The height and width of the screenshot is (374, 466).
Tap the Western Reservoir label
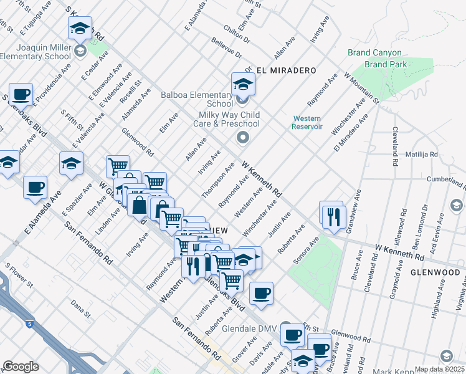(307, 122)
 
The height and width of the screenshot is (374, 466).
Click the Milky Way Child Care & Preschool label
(229, 120)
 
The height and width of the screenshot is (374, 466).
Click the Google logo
(21, 367)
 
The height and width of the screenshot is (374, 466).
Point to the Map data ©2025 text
(439, 369)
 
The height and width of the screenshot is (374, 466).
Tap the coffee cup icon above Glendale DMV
(260, 293)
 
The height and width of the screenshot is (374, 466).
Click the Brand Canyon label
(374, 54)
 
